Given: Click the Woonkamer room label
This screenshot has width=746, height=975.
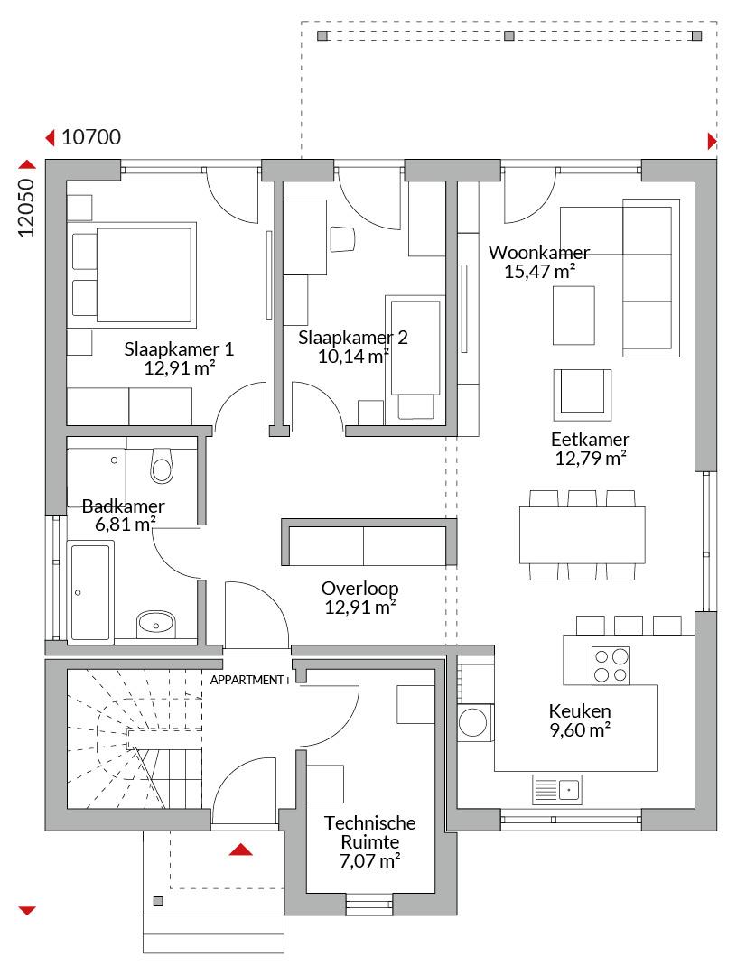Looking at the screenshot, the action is [539, 253].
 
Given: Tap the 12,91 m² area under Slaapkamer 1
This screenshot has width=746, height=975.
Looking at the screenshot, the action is [180, 367].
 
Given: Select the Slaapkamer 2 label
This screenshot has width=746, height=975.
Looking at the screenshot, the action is [353, 338].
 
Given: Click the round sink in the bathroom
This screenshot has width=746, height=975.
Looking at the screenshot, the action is [156, 622].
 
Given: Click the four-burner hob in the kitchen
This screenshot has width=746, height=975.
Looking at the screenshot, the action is [611, 665].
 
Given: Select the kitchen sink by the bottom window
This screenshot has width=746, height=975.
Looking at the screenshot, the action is [557, 790].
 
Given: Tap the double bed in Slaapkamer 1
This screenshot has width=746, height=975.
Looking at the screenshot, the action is [133, 274].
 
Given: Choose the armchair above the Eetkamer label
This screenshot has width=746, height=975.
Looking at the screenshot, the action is [583, 395].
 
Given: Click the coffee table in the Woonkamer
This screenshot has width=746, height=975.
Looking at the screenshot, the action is [573, 315].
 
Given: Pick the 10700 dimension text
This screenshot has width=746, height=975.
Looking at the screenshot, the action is [91, 137].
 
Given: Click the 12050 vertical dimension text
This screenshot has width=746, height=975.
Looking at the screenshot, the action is [25, 208].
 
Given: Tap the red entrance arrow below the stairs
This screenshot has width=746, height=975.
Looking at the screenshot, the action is [241, 850].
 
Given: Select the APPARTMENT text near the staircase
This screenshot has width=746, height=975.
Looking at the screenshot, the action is [247, 681].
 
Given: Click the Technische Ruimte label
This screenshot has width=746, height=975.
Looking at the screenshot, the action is [369, 832].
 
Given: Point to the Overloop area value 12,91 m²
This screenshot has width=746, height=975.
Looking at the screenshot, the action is [361, 607].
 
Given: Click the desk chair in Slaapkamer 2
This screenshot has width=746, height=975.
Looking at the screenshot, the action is [343, 238].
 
